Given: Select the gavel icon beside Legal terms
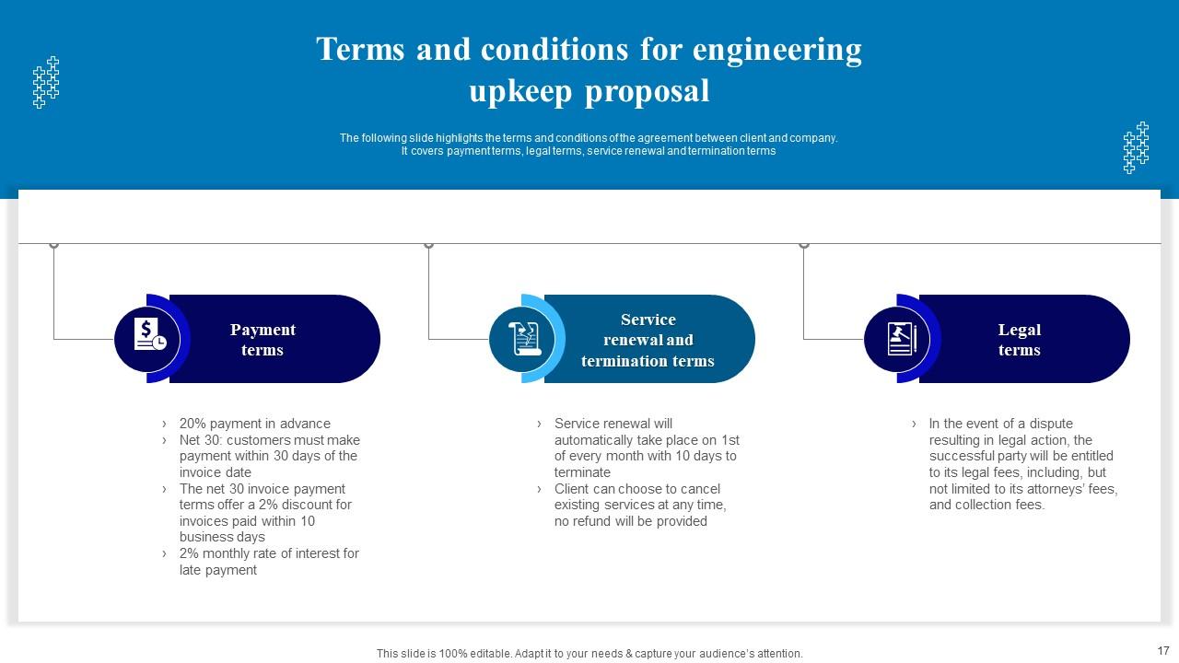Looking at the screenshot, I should click(x=899, y=338).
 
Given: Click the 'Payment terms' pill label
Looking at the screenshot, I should click(x=263, y=340).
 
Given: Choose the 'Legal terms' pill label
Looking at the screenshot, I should click(x=1019, y=340).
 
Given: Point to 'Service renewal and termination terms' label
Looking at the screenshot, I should click(x=648, y=340).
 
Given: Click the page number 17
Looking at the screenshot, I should click(x=1162, y=650).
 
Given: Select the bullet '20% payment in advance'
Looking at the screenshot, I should click(x=254, y=424).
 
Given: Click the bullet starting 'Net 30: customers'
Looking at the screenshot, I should click(x=269, y=456).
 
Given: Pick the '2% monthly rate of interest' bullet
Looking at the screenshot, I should click(x=269, y=562).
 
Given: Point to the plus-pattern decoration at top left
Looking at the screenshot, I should click(x=46, y=83).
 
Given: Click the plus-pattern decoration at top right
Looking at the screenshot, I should click(x=1136, y=147).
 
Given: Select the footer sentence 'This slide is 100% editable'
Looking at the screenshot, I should click(x=589, y=653).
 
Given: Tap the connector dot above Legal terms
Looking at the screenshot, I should click(x=803, y=244).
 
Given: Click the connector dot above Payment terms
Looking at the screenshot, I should click(x=54, y=244).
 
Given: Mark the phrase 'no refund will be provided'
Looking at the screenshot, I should click(x=631, y=521).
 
